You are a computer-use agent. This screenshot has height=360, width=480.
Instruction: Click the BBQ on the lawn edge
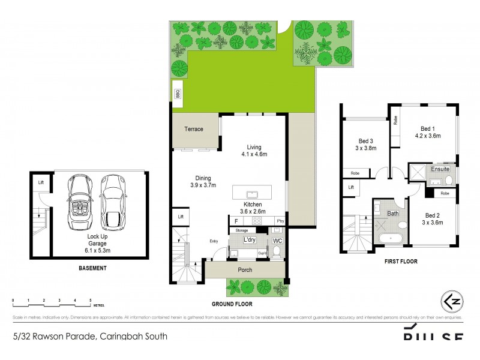click(x=178, y=94)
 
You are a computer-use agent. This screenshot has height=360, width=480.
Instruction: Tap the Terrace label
click(x=193, y=129)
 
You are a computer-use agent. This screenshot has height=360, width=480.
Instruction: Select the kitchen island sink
click(x=253, y=194)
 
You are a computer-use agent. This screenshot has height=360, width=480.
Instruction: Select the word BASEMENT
click(x=92, y=268)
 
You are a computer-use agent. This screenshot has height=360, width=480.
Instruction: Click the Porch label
click(x=245, y=270)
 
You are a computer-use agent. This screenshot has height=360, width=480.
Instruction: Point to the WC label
click(x=277, y=241)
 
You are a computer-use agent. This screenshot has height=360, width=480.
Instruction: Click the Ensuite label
click(x=440, y=170)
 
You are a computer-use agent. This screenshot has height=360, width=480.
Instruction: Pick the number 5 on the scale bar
click(x=90, y=299)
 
